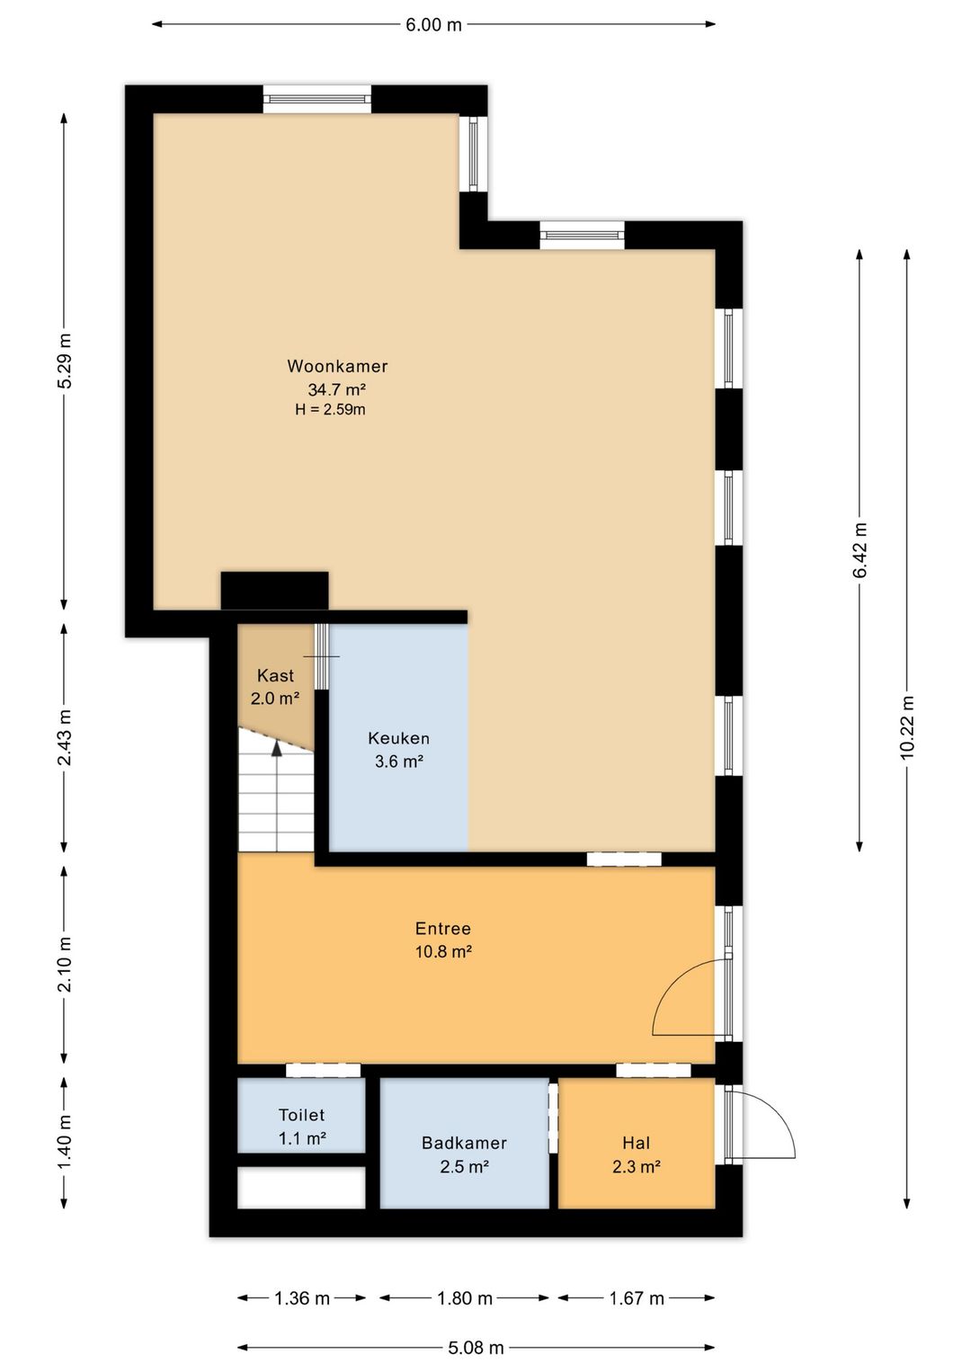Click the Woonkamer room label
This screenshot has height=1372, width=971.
coord(337,366)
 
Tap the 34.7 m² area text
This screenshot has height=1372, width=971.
coord(336,389)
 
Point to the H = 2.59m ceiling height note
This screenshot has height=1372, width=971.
coord(330,410)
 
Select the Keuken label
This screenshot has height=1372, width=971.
coord(398,738)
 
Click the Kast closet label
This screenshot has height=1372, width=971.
coord(275,675)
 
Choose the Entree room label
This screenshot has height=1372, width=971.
coord(443,929)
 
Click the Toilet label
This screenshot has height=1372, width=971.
coord(301,1115)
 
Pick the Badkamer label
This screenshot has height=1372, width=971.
coord(464,1143)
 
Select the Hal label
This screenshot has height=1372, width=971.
coord(636,1143)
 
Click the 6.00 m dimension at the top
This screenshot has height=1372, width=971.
coord(433,25)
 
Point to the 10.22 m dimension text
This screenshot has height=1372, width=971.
coord(906,727)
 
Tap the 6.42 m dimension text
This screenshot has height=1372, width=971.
coord(860,550)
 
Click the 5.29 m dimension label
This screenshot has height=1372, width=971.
coord(65,361)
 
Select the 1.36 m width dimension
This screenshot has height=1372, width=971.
coord(302,1298)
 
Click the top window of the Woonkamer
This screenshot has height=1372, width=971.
coord(317,99)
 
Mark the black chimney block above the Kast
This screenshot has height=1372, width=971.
coord(274,591)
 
